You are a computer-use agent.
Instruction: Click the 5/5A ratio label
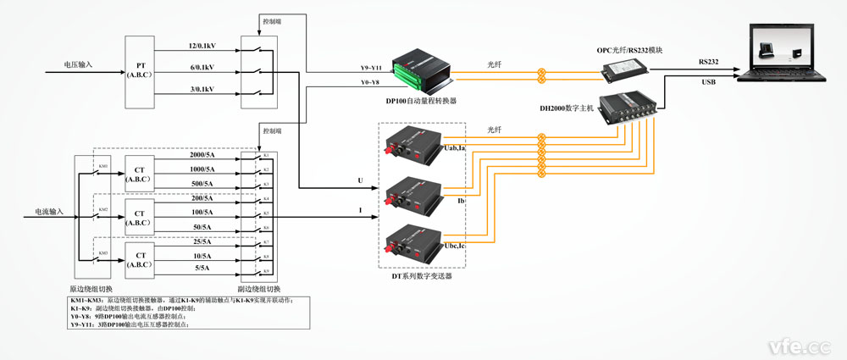[x=201, y=267]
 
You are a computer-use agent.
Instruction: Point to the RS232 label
[x=711, y=62]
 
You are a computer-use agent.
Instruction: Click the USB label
[x=709, y=82]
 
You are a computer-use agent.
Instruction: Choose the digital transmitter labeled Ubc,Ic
[x=412, y=242]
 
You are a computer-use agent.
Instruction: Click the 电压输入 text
[x=79, y=64]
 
